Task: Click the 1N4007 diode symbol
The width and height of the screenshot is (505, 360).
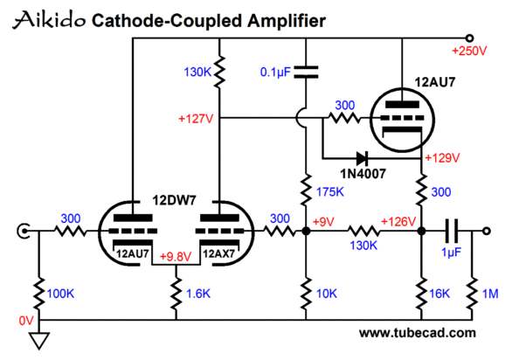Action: [362, 158]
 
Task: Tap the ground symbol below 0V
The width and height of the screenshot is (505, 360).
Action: [39, 341]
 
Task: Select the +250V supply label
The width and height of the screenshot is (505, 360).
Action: [469, 52]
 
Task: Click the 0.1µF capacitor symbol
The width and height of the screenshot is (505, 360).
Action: [306, 73]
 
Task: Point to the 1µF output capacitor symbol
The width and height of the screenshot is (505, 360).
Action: [452, 231]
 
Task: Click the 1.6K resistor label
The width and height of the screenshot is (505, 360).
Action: [198, 294]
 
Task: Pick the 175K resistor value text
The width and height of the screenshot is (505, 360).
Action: [329, 192]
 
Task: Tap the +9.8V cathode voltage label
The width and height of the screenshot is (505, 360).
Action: [176, 257]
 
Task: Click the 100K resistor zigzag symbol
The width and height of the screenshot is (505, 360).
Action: [39, 294]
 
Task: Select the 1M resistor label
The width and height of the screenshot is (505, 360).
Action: [490, 294]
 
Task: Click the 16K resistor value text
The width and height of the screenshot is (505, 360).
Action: [439, 294]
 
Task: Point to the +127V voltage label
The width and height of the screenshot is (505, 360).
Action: [196, 119]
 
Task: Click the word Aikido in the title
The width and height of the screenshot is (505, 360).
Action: [49, 20]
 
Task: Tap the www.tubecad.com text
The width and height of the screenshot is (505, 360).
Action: [418, 333]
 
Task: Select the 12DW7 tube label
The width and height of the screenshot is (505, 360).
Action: [174, 201]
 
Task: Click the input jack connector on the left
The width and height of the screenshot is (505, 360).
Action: [24, 231]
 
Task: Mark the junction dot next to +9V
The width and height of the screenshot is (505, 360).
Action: [306, 231]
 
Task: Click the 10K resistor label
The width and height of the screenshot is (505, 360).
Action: [327, 294]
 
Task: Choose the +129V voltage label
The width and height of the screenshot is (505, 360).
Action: [442, 158]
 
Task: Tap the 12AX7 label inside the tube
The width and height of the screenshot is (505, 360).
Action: [219, 253]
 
